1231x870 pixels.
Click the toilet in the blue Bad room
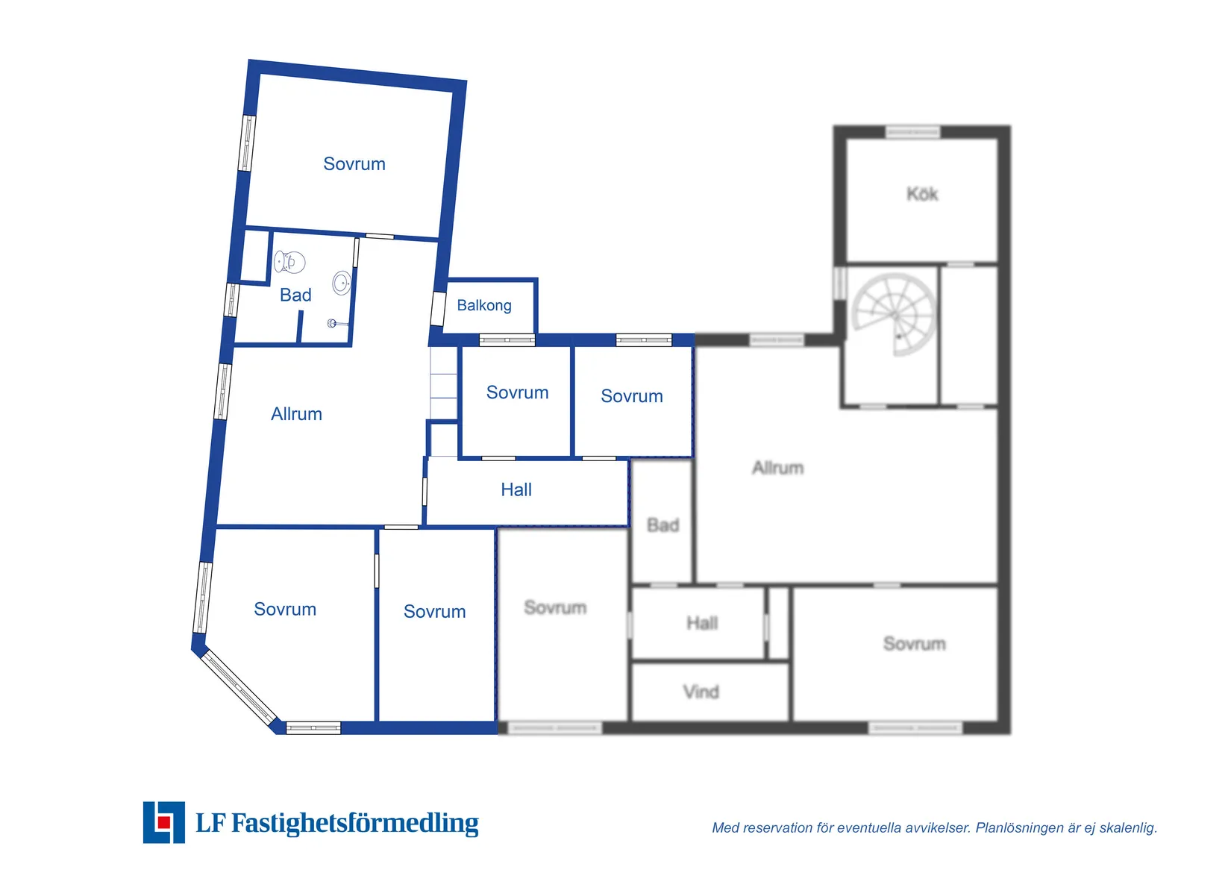(289, 262)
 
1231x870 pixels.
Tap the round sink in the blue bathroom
(342, 284)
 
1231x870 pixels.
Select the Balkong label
(484, 306)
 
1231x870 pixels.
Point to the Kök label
(922, 194)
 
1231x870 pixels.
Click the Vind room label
(701, 692)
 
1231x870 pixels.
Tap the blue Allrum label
(296, 414)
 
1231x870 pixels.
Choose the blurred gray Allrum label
(777, 468)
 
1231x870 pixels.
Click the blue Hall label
(516, 489)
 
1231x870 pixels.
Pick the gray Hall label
(702, 623)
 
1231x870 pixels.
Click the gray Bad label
(663, 525)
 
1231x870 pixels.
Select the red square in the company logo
(163, 822)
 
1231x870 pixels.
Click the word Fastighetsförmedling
(354, 824)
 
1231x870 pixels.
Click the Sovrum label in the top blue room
(354, 163)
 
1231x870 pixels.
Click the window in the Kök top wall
(913, 132)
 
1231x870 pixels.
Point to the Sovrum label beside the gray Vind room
(915, 644)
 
